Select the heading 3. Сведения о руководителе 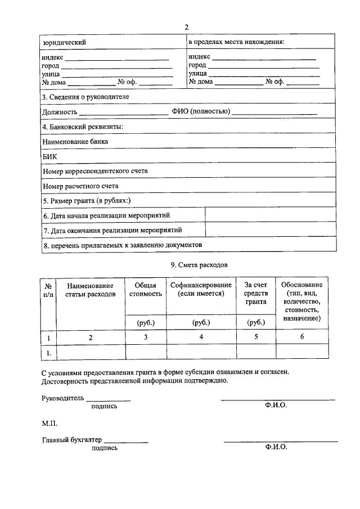click(85, 97)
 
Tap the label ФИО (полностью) click(201, 112)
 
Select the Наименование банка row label click(75, 142)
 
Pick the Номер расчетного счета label click(80, 186)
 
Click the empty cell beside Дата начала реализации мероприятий click(271, 215)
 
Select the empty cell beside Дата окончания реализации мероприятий click(271, 230)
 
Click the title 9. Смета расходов click(200, 264)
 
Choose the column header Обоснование click(302, 285)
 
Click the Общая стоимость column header click(146, 289)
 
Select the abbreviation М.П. click(49, 423)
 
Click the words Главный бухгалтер click(71, 440)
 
